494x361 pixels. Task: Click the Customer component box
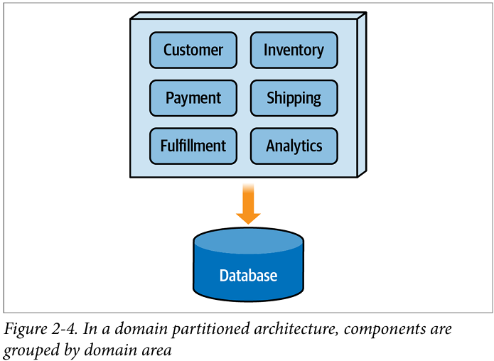pos(193,50)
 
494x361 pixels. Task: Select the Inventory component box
pos(294,50)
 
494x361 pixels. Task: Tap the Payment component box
pos(193,98)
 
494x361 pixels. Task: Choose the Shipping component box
pos(294,98)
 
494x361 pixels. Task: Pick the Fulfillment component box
pos(193,146)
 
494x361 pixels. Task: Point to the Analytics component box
pos(294,146)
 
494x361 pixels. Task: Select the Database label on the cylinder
pos(248,276)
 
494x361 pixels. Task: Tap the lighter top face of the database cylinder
pos(248,242)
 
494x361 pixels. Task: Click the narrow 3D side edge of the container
pos(362,95)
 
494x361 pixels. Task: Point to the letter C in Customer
pos(168,50)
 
